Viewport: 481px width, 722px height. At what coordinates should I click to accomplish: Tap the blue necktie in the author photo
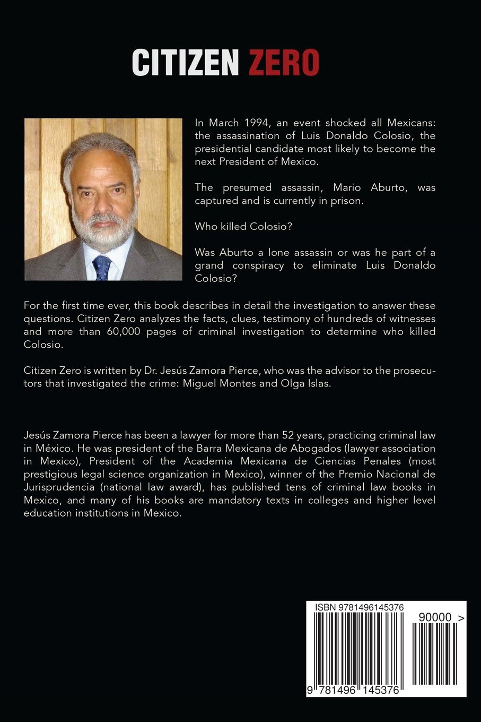pos(101,267)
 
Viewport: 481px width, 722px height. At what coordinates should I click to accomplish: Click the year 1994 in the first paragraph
pos(257,123)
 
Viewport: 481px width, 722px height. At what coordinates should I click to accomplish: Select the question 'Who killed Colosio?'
pos(243,226)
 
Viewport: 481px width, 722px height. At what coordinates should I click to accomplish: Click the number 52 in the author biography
pos(289,435)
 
